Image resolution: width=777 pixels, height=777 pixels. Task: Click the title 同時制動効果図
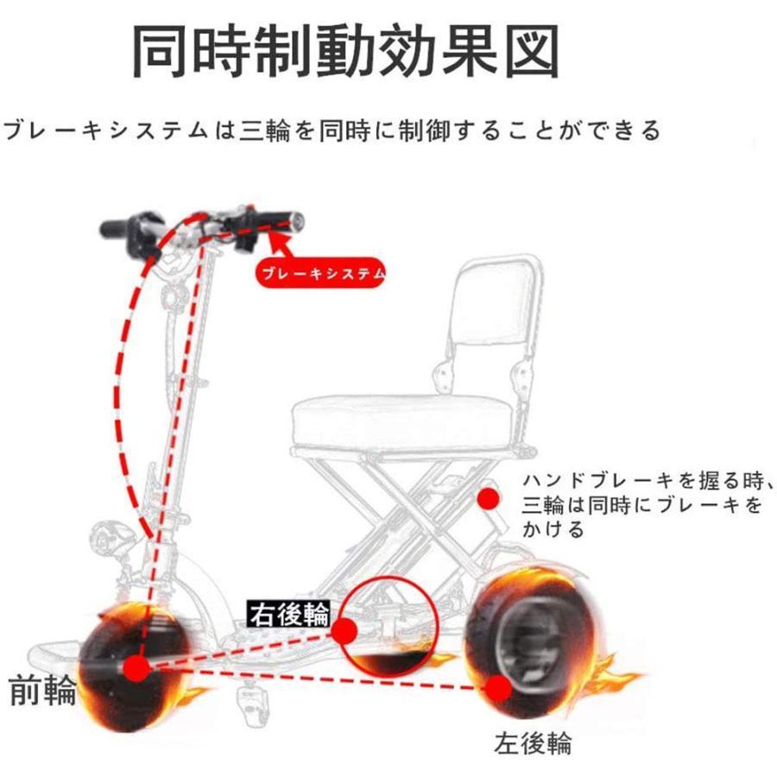[345, 52]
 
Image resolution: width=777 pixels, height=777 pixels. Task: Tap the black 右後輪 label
[290, 615]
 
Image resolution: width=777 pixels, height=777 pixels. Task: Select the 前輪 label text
[42, 691]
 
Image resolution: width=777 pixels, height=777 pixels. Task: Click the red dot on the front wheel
[135, 667]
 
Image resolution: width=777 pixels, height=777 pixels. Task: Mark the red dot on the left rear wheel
[497, 688]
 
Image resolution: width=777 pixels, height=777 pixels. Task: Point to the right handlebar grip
[287, 219]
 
